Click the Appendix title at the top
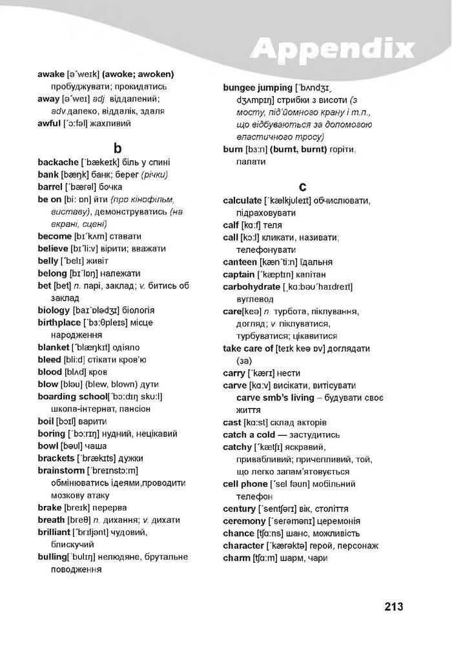(332, 48)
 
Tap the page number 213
(393, 607)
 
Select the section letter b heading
(118, 147)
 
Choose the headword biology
(54, 310)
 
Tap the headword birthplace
(59, 323)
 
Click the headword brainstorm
(61, 471)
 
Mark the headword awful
(49, 123)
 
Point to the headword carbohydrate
(251, 287)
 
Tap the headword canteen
(240, 262)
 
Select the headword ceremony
(244, 521)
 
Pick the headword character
(243, 545)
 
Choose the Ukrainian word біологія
(136, 310)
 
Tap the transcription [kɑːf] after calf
(251, 225)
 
